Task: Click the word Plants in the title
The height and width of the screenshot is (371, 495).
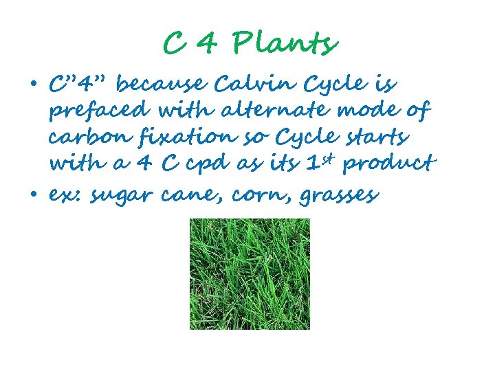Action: (285, 45)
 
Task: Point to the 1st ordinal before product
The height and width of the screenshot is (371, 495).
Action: (312, 162)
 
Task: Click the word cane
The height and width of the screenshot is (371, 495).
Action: (188, 196)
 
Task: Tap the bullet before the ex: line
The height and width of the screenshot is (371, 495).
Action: (34, 196)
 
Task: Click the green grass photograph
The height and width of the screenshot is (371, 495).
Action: (250, 273)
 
